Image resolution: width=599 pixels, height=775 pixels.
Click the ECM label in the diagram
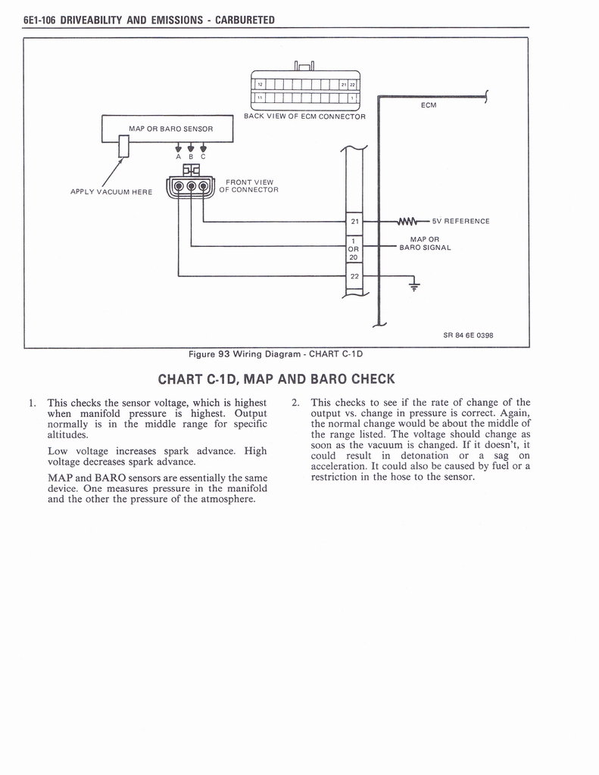pyautogui.click(x=428, y=105)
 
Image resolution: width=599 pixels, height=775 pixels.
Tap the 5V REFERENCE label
pyautogui.click(x=460, y=221)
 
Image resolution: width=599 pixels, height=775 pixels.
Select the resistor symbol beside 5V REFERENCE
pyautogui.click(x=407, y=221)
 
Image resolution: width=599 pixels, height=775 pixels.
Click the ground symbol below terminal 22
pyautogui.click(x=413, y=285)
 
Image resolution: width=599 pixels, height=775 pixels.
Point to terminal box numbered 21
pyautogui.click(x=354, y=221)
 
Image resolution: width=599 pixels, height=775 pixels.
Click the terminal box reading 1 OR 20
pyautogui.click(x=354, y=249)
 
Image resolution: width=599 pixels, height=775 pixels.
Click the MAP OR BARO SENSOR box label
pyautogui.click(x=170, y=129)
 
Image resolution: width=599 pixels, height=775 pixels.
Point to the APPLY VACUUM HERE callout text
pyautogui.click(x=111, y=191)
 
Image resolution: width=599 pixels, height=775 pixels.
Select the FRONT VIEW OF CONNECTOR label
pyautogui.click(x=249, y=185)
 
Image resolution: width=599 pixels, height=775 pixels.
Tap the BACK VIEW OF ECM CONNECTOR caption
pyautogui.click(x=304, y=117)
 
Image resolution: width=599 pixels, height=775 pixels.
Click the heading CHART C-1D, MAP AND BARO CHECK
pyautogui.click(x=276, y=378)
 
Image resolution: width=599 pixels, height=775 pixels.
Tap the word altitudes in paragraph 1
pyautogui.click(x=67, y=435)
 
